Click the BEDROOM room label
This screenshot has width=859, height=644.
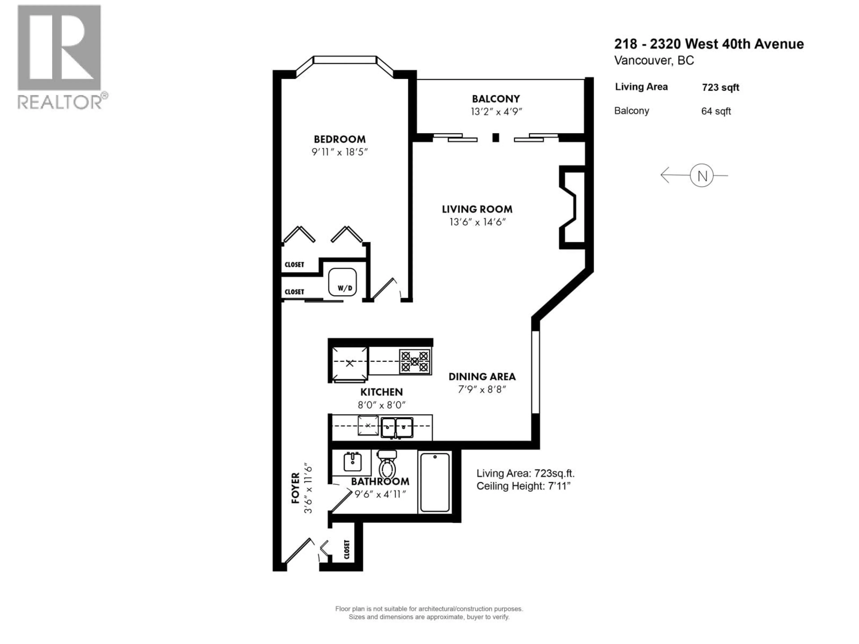[339, 139]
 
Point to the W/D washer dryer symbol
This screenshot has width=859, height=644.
[342, 282]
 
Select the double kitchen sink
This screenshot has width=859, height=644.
[396, 427]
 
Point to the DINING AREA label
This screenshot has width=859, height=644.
[482, 377]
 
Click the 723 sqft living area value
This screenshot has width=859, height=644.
[720, 88]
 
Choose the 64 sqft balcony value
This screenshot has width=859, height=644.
[716, 111]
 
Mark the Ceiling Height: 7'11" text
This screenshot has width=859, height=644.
[523, 486]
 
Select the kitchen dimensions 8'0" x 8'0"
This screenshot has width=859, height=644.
[381, 405]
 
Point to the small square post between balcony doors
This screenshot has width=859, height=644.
[495, 138]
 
